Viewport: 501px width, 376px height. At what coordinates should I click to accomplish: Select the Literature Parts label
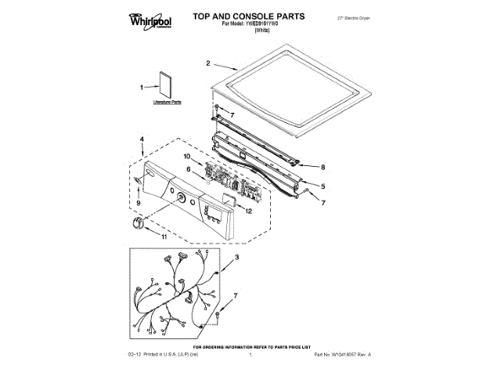click(x=167, y=102)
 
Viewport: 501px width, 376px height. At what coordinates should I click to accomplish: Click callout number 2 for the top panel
click(x=208, y=63)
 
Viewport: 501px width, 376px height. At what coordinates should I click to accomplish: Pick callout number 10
click(x=188, y=157)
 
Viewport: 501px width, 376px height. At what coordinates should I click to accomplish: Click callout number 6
click(x=188, y=169)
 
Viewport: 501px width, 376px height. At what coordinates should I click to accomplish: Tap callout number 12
click(x=248, y=211)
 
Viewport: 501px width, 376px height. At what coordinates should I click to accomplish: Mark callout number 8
click(x=323, y=167)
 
